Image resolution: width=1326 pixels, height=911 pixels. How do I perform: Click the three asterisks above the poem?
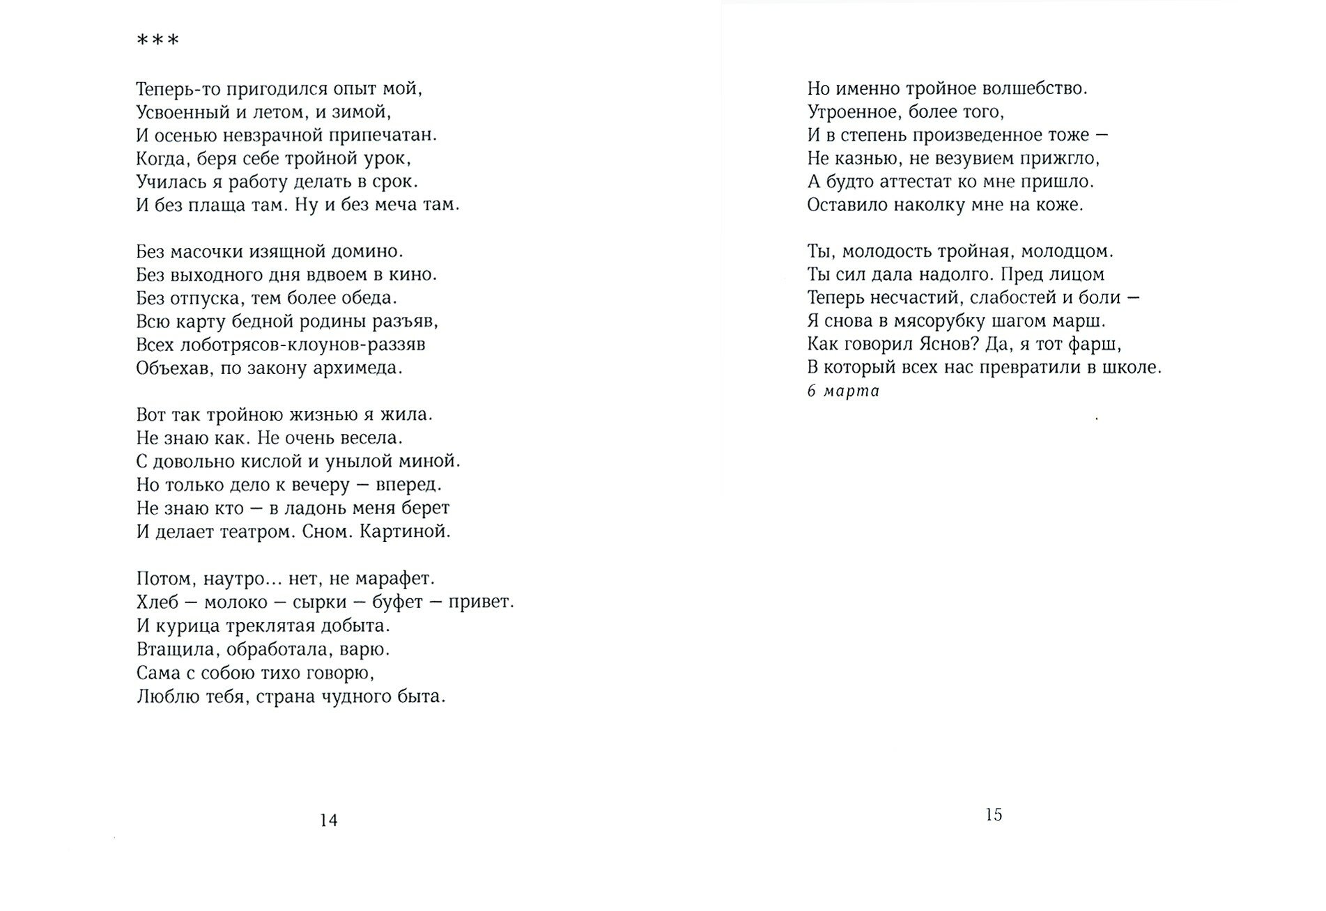coord(157,40)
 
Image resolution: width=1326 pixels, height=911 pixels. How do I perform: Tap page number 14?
coord(328,820)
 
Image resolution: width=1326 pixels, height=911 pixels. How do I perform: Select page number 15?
coord(994,814)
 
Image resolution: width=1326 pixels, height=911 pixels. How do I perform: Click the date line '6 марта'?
coord(843,391)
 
